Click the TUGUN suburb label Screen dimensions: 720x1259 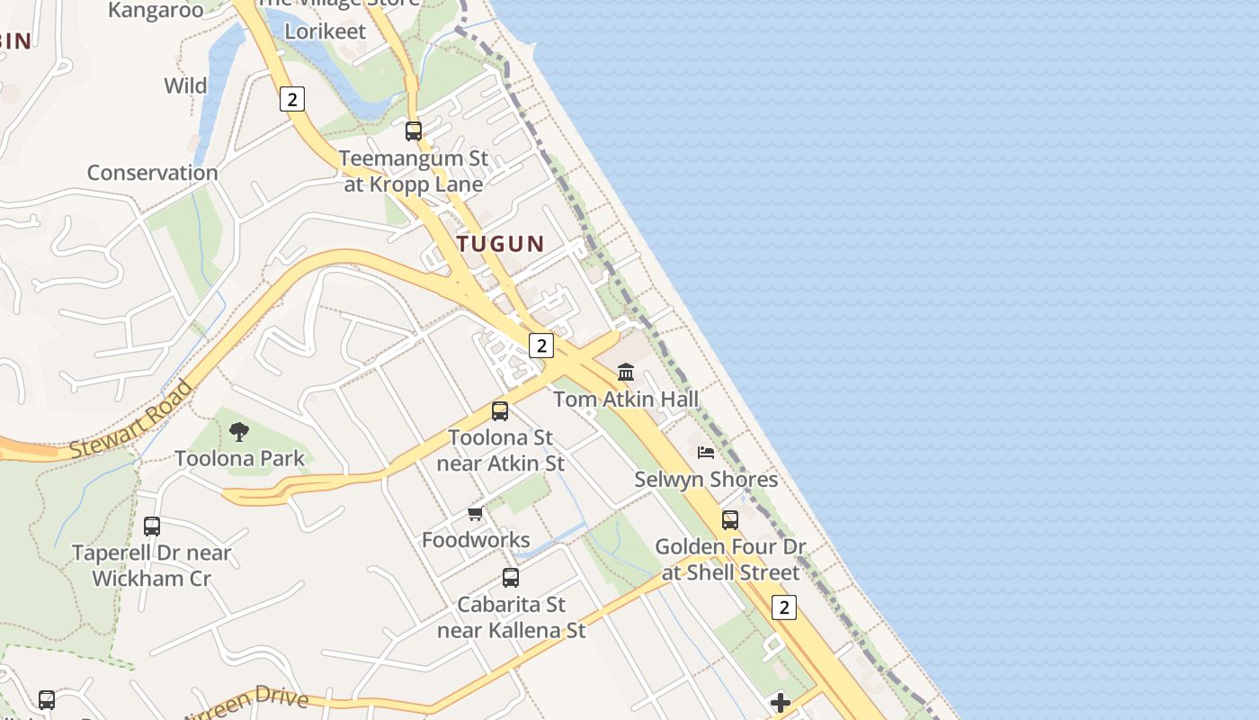click(x=500, y=243)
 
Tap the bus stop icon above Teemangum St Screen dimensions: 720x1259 click(x=414, y=131)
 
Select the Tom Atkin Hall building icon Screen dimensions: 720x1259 click(x=626, y=372)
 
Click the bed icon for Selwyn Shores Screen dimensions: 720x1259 click(x=706, y=452)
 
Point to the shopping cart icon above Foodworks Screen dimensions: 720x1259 click(x=476, y=513)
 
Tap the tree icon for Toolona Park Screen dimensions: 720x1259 click(x=238, y=431)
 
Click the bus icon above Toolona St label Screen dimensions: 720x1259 click(x=500, y=411)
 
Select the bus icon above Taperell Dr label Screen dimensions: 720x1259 click(x=152, y=526)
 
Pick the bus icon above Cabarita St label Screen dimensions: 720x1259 click(x=511, y=577)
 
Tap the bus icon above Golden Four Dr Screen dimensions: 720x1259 click(x=730, y=519)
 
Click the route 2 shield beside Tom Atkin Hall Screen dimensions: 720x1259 click(x=540, y=345)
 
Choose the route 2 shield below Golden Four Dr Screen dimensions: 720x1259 click(x=784, y=607)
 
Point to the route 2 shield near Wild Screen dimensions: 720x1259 click(x=291, y=99)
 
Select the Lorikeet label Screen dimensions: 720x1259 click(x=326, y=31)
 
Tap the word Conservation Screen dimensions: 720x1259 click(x=152, y=172)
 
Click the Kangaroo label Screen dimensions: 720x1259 click(x=156, y=11)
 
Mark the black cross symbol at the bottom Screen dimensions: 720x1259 click(x=781, y=702)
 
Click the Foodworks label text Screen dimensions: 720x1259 click(x=476, y=540)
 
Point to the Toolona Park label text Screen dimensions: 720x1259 click(x=240, y=458)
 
